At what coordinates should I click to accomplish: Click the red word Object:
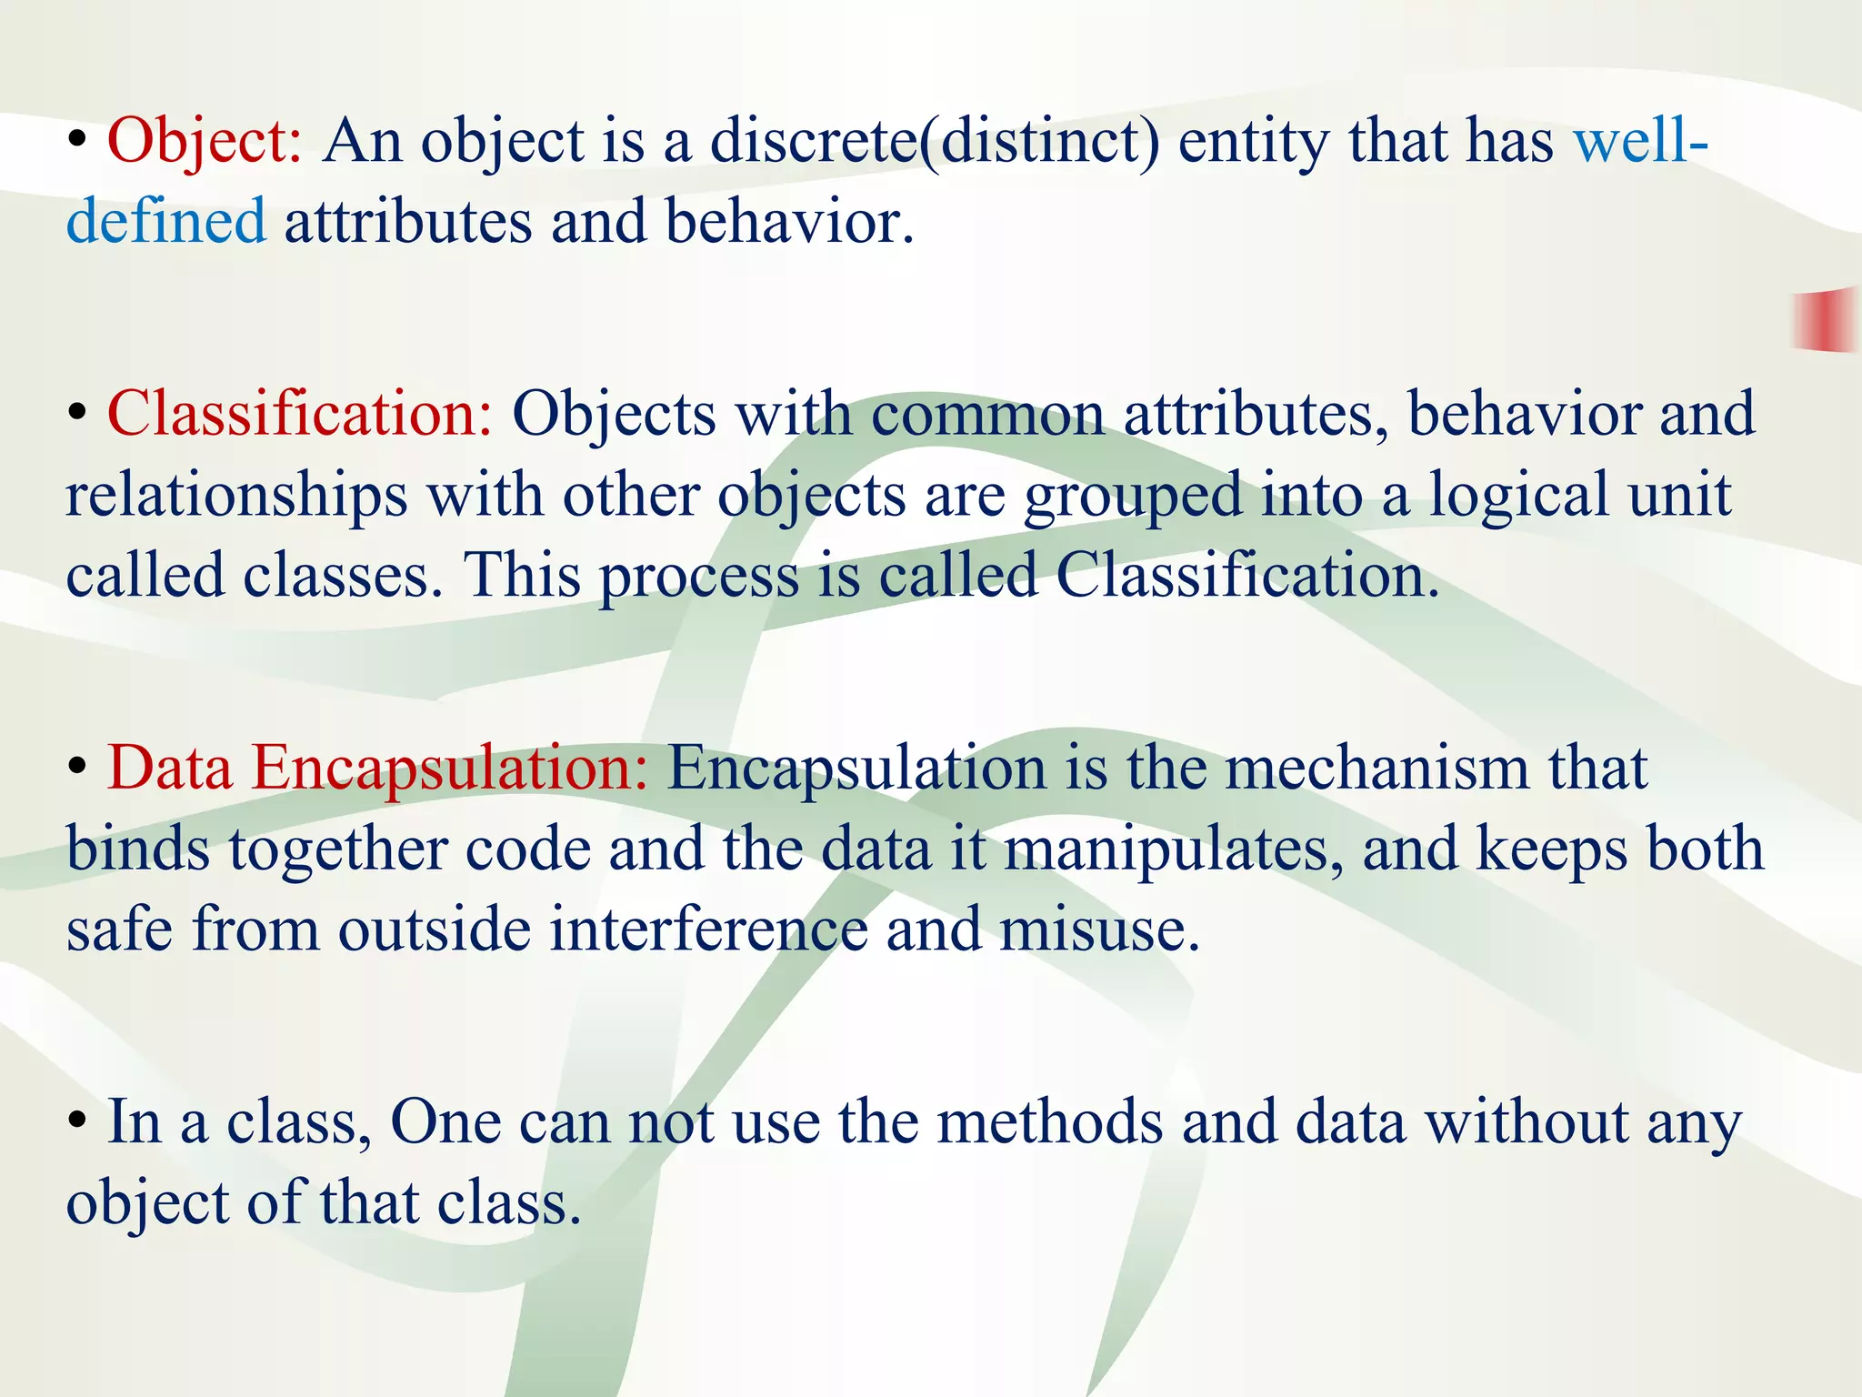pos(205,143)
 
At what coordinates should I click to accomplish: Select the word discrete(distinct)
pos(935,143)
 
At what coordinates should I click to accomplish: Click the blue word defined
pos(166,221)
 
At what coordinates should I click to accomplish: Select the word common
pos(988,414)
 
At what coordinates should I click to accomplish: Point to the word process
pos(698,578)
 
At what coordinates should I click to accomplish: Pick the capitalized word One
pos(445,1121)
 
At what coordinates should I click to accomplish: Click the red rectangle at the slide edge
pos(1826,319)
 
